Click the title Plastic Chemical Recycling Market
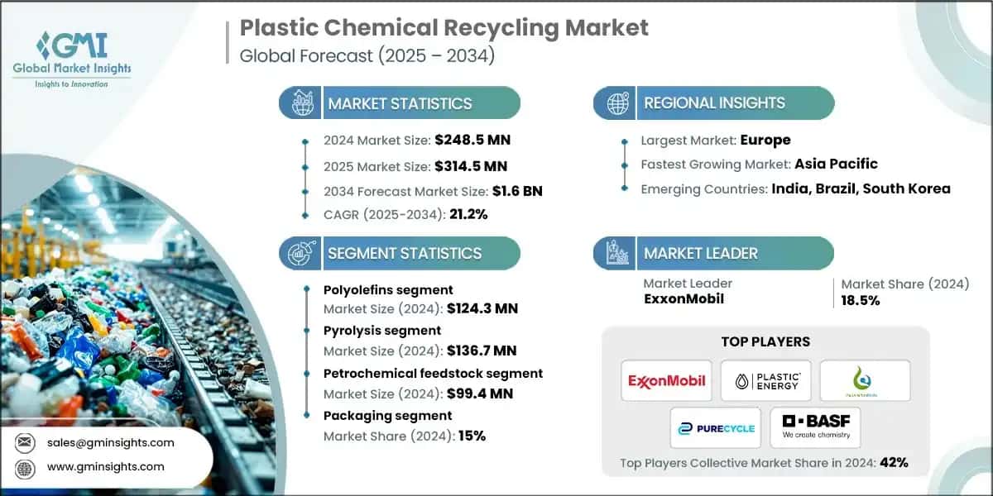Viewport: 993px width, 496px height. tap(444, 27)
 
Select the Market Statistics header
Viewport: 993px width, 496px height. tap(400, 103)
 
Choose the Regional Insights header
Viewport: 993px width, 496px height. tap(713, 103)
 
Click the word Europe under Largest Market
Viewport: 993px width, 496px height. tap(765, 140)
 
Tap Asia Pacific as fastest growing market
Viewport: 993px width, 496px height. tap(836, 164)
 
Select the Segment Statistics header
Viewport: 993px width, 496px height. tap(404, 253)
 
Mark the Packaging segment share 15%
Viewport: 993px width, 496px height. tap(470, 436)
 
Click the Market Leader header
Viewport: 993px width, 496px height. tap(700, 253)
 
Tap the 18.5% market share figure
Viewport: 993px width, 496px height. tap(861, 300)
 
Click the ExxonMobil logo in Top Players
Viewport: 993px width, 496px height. tap(666, 380)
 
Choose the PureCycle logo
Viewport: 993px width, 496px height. tap(716, 427)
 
